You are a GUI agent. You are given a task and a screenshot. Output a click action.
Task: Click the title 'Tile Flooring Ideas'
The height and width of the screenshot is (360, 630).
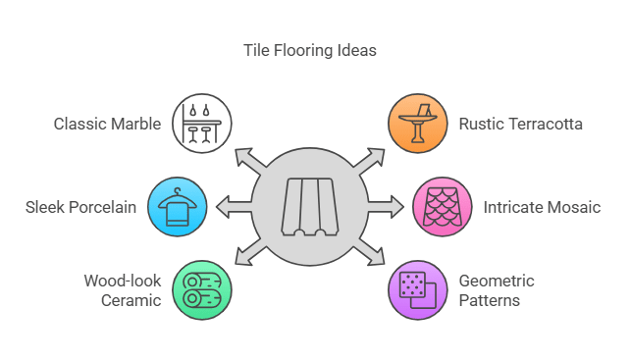[309, 50]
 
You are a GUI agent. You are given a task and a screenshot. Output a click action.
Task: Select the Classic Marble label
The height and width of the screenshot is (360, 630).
[107, 124]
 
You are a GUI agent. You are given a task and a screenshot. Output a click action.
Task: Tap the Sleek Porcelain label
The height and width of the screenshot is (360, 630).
[80, 207]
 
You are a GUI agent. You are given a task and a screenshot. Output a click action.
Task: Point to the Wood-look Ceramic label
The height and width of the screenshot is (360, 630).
[122, 289]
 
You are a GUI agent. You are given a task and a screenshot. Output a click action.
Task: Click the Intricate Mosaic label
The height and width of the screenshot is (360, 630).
[542, 207]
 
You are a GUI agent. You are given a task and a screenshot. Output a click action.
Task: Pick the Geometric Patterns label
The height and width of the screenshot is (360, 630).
[497, 289]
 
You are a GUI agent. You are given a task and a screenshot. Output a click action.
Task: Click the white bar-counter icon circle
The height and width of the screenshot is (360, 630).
[201, 124]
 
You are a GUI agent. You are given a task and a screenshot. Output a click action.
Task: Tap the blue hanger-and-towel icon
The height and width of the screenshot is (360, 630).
[178, 207]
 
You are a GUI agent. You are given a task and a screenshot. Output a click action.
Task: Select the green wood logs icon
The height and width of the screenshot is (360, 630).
[201, 290]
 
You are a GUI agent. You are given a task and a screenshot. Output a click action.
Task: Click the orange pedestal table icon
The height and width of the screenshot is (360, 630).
[418, 124]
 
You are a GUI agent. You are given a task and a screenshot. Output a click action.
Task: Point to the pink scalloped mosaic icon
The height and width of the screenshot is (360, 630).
[442, 207]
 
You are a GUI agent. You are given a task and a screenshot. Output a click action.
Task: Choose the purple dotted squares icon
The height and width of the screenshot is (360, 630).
[418, 290]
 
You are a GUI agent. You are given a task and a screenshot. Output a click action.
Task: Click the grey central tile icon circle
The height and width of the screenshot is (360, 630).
[310, 207]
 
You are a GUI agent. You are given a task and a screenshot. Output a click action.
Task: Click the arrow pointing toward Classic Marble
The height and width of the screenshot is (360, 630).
[247, 159]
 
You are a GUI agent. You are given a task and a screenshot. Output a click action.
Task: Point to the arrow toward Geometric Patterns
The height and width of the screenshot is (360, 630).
[373, 253]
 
